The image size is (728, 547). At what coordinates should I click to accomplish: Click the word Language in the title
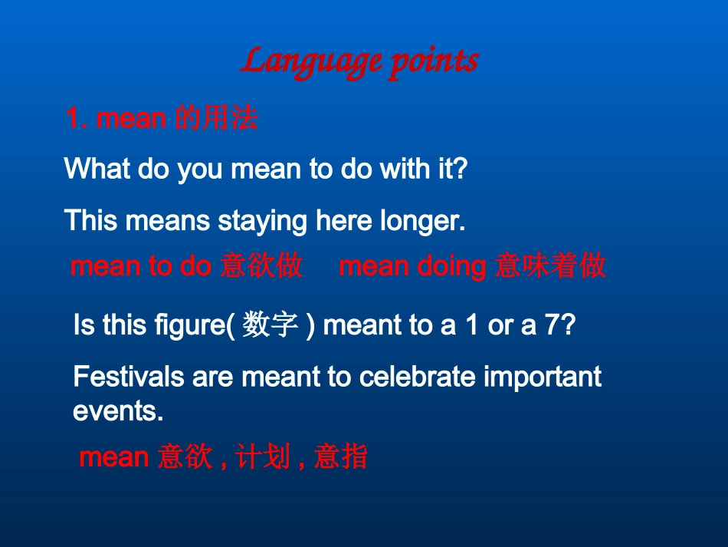311,62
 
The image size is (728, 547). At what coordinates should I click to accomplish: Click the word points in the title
434,62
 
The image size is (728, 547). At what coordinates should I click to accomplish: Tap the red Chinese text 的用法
217,117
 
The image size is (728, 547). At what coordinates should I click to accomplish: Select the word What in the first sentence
97,168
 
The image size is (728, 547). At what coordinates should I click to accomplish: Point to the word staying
262,221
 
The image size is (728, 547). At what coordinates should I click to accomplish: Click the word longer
422,220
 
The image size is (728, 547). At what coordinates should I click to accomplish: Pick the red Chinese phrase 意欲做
261,266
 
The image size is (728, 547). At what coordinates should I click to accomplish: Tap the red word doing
451,267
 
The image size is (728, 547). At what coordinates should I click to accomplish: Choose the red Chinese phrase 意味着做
550,266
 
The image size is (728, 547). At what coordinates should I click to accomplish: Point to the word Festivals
129,376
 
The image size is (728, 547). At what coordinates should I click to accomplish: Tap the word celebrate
418,376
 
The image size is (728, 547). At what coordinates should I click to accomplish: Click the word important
543,377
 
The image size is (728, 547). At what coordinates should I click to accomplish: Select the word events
118,411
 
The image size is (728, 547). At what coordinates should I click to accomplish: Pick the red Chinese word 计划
263,456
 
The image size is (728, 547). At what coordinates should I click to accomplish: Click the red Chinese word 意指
341,456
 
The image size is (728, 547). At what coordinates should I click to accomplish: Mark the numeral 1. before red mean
77,118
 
